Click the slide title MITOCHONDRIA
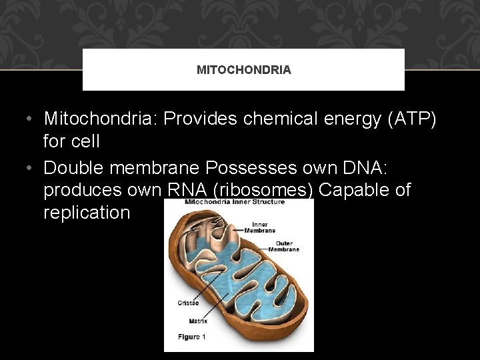click(243, 70)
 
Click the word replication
click(87, 213)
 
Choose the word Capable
click(352, 191)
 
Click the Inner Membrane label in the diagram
click(259, 227)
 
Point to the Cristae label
click(187, 303)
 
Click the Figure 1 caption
click(192, 337)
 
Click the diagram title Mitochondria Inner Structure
click(234, 202)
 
